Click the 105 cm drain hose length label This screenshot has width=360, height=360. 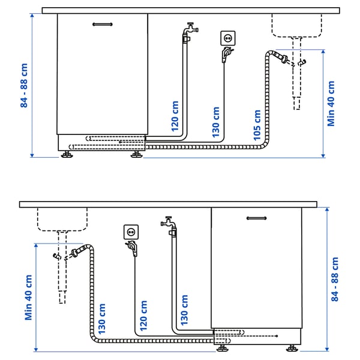coord(257,125)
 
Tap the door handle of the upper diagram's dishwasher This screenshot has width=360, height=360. coord(103,24)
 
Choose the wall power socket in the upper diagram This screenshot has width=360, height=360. coord(228,37)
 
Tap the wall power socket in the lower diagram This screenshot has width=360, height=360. coord(131,230)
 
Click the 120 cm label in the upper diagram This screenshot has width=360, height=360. coord(175,115)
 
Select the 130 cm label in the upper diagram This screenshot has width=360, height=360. coord(215,122)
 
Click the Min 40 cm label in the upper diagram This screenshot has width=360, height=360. coord(331,103)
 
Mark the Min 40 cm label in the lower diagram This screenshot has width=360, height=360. coord(28,298)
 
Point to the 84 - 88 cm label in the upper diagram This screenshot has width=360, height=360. coord(25,86)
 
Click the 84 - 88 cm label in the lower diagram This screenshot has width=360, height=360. coord(335,279)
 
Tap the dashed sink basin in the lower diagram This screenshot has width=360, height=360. coord(62,218)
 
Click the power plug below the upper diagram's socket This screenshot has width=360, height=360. coord(225,55)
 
